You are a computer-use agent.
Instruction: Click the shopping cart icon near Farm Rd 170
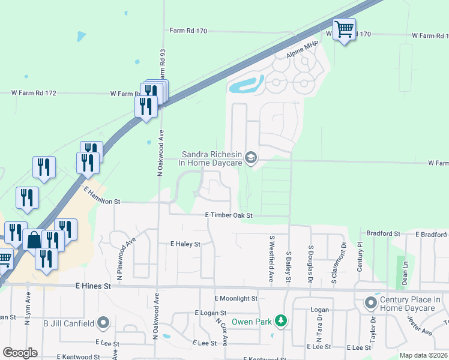[344, 29]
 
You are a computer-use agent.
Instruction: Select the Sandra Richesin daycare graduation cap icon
[251, 158]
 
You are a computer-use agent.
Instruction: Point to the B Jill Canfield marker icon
[103, 323]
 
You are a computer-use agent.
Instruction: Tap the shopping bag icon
[33, 240]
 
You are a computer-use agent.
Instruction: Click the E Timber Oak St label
[229, 215]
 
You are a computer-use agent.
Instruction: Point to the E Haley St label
[185, 244]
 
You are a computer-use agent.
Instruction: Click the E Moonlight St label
[236, 298]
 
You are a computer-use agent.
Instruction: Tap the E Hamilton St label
[103, 195]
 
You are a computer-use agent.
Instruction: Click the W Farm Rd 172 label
[34, 93]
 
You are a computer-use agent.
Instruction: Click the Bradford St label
[383, 233]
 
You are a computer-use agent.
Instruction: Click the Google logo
[20, 353]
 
